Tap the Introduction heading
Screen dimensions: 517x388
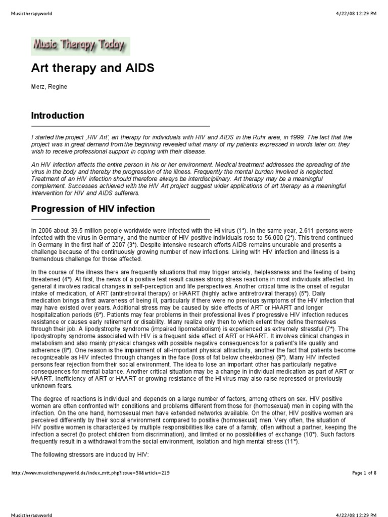click(x=58, y=116)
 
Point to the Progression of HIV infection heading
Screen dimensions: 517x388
click(x=93, y=209)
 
